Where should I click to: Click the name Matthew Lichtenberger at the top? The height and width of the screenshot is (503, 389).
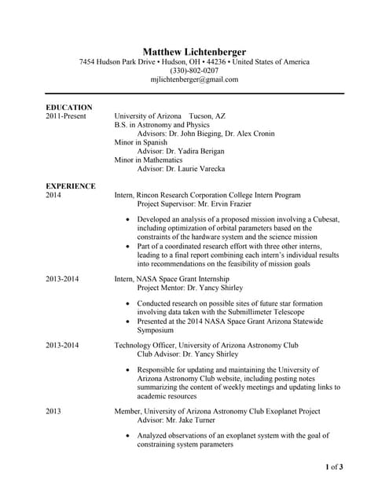[x=194, y=51]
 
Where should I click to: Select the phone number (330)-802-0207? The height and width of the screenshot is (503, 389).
[x=194, y=71]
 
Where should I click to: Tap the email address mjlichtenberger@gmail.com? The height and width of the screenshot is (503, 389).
[x=194, y=79]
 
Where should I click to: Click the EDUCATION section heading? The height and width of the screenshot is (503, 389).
[x=69, y=107]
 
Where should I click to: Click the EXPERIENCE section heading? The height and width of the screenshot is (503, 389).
[x=71, y=186]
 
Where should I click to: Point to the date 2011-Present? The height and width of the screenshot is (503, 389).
[x=68, y=116]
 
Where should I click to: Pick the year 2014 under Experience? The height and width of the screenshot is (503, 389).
[x=53, y=195]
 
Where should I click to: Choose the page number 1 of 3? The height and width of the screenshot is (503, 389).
[x=334, y=468]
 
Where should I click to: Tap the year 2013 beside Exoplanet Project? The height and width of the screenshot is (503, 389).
[x=53, y=411]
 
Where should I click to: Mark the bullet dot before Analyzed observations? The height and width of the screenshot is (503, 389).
[x=127, y=435]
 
